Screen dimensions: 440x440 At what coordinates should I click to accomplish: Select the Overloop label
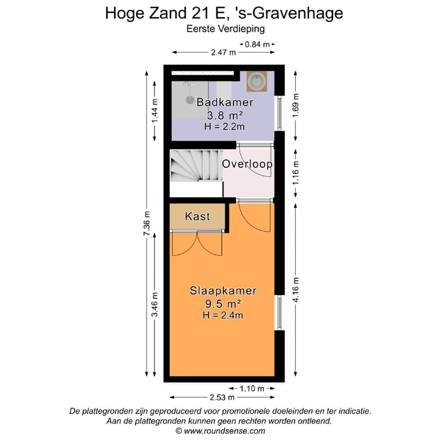click(247, 164)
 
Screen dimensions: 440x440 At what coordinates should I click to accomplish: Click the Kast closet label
click(197, 216)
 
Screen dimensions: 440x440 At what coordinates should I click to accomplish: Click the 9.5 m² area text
click(223, 303)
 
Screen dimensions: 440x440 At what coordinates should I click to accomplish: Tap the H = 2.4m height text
click(223, 315)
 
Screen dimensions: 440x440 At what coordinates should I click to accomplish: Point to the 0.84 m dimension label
click(256, 44)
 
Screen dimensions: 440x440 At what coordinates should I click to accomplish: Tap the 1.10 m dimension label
click(252, 388)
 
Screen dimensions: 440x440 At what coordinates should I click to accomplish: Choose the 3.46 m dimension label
click(155, 310)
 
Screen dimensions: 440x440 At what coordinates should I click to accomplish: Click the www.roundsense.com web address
click(224, 430)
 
